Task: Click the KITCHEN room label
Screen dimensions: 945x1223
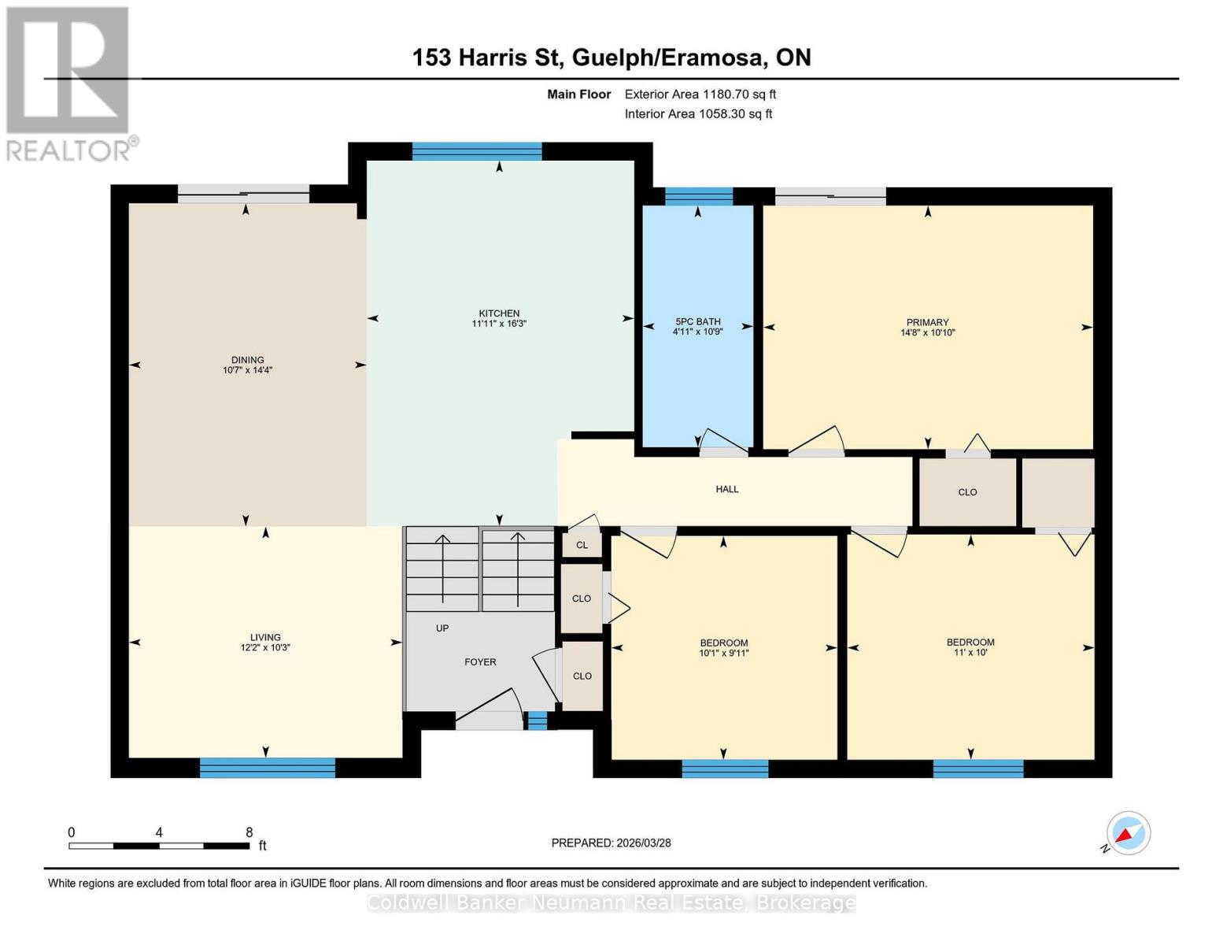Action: point(499,313)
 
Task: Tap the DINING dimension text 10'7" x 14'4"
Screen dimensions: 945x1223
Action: point(247,370)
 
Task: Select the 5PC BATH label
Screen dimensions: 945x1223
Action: point(697,321)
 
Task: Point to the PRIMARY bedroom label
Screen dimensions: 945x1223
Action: point(927,322)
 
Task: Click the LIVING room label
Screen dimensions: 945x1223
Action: point(265,637)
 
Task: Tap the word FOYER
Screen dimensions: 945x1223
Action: point(480,662)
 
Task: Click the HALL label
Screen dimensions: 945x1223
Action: point(726,489)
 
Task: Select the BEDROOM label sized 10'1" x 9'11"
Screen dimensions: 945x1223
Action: point(723,643)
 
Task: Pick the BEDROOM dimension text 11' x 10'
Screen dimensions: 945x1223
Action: point(970,653)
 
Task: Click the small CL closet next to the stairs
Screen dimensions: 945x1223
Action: point(582,545)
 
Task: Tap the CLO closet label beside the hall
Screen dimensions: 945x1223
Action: point(967,492)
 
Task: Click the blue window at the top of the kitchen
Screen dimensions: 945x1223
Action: point(477,151)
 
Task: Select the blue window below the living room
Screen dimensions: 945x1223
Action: point(268,768)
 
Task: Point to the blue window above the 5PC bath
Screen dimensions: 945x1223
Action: point(699,196)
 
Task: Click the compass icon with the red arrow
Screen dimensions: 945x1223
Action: point(1128,833)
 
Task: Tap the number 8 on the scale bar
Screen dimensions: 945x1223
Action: point(249,832)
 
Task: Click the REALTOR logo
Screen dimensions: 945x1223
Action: point(69,83)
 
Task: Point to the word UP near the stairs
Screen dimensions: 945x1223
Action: point(442,628)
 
